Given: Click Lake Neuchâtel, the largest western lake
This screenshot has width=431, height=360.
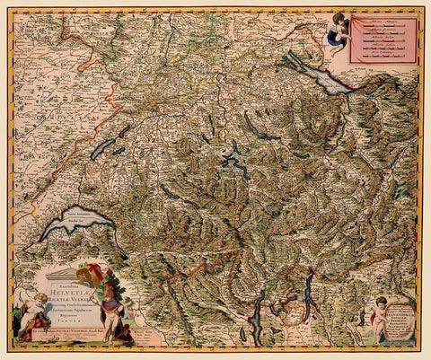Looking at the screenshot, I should (x=101, y=148).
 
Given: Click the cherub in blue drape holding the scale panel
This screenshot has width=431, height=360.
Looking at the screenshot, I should (x=336, y=31).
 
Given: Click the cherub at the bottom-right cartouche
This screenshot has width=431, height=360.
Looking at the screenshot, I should (x=382, y=311).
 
